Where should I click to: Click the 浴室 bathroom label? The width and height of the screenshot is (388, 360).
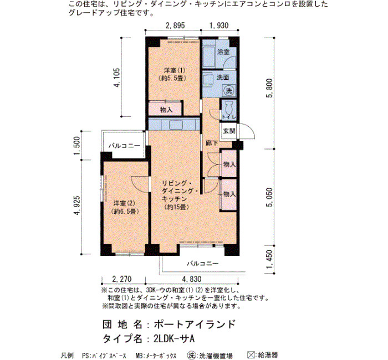click(223, 52)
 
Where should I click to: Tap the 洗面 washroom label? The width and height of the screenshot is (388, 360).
click(223, 78)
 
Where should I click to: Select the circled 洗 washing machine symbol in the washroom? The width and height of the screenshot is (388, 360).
click(229, 90)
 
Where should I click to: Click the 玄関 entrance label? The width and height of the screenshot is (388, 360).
click(229, 131)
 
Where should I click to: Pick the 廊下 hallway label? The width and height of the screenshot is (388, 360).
click(212, 143)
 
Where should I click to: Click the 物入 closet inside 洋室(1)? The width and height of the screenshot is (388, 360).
click(166, 109)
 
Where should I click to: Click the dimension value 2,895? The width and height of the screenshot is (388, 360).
click(175, 25)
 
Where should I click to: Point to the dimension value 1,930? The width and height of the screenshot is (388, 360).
click(219, 25)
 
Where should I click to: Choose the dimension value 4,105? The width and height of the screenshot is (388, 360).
click(117, 78)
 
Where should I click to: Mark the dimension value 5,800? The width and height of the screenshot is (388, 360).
click(270, 88)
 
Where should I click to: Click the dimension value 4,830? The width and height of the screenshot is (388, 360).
click(192, 279)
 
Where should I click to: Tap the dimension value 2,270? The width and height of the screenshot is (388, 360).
click(122, 279)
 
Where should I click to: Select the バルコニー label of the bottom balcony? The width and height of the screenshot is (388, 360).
click(203, 263)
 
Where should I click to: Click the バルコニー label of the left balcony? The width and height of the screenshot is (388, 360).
click(124, 146)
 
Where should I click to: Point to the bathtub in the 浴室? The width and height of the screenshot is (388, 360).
click(209, 54)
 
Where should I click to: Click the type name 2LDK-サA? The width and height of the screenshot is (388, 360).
click(173, 339)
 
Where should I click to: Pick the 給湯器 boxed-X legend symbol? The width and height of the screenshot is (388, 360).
click(251, 355)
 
